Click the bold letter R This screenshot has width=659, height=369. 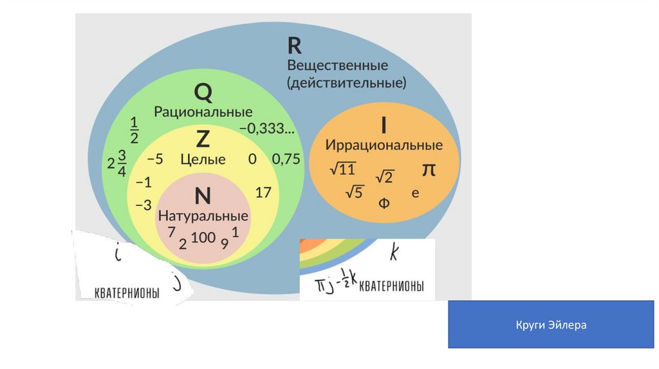tap(295, 46)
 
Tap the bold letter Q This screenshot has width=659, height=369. tap(203, 94)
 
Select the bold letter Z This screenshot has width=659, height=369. tap(203, 138)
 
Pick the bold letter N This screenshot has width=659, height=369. tap(203, 195)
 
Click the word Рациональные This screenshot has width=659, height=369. tap(203, 111)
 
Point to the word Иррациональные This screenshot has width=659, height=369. tap(384, 144)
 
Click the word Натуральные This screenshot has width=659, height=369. tap(203, 214)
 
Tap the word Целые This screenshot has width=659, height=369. tap(203, 159)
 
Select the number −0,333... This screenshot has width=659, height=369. tap(267, 129)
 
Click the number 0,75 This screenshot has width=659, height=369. tap(286, 159)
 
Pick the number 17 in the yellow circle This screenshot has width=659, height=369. tap(263, 192)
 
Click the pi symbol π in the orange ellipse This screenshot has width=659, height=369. tap(429, 170)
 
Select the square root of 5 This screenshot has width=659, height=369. tap(355, 192)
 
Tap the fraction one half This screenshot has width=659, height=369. tap(135, 130)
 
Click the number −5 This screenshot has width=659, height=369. tap(155, 159)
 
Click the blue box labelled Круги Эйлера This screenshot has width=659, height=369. tap(551, 325)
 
